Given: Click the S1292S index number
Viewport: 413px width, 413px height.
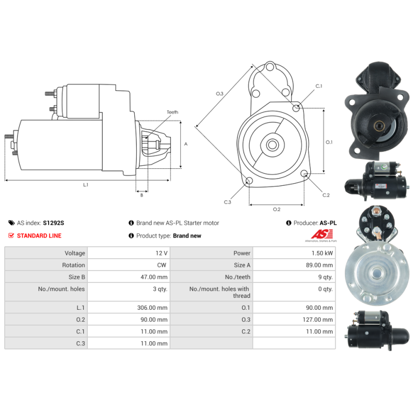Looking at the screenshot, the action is point(54,223).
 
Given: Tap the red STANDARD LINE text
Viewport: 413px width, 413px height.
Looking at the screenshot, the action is point(39,236).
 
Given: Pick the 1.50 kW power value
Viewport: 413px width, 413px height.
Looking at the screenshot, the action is point(322,253).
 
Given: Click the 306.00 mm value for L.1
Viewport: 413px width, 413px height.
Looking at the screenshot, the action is point(152,308).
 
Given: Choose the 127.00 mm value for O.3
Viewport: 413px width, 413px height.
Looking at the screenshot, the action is point(317,320).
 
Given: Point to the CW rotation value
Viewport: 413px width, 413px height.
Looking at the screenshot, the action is point(162,265).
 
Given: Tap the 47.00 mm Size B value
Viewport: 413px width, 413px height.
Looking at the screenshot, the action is point(154,277).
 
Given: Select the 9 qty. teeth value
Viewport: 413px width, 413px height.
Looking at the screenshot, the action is point(325,277).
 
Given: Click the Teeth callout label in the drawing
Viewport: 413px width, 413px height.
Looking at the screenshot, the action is point(172,112).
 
